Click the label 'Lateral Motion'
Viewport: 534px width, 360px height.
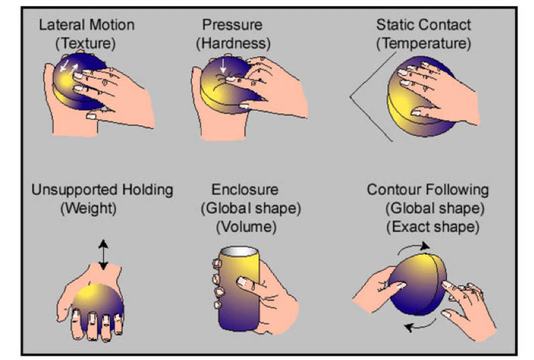click(x=86, y=25)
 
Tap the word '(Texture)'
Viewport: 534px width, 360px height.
click(x=86, y=44)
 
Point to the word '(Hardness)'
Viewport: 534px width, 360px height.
click(x=230, y=44)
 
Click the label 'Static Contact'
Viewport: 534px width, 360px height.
click(x=423, y=25)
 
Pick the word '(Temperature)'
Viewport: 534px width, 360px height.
click(x=423, y=44)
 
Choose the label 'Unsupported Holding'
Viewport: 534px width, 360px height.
click(x=102, y=190)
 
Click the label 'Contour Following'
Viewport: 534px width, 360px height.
click(x=428, y=190)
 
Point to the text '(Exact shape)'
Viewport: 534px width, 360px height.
click(x=433, y=227)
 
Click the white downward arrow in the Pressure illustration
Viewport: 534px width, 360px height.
click(x=222, y=67)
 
